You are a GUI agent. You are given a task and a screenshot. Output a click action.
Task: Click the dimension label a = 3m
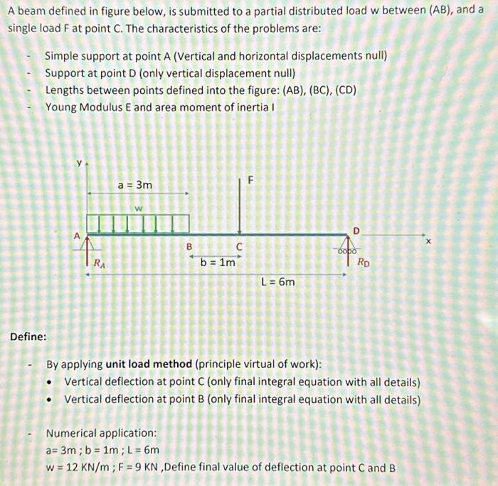(x=135, y=185)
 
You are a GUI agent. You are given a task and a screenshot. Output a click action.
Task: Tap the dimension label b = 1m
(x=218, y=263)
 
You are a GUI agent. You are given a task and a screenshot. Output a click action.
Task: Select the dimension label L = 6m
(x=278, y=282)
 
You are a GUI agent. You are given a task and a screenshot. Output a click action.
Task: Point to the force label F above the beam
(x=250, y=181)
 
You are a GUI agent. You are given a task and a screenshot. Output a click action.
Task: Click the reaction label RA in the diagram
(x=101, y=264)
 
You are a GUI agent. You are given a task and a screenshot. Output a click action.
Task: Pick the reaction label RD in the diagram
(x=363, y=261)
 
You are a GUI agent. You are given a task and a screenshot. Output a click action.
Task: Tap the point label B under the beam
(x=189, y=247)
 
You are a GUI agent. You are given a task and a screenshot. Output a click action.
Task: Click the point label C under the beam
(x=239, y=247)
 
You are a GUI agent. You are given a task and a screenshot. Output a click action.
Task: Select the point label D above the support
(x=357, y=230)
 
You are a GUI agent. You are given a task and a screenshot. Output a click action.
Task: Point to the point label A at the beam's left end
(x=77, y=235)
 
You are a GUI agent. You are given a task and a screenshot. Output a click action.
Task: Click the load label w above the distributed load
(x=139, y=208)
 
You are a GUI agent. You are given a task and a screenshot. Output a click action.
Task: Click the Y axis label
(x=80, y=164)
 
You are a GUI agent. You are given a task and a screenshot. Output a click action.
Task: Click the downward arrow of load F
(x=240, y=206)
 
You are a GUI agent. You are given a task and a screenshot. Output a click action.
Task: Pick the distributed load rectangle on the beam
(x=137, y=223)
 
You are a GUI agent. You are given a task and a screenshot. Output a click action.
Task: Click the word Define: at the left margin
(x=28, y=336)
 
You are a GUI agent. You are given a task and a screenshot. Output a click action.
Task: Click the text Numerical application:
(x=101, y=433)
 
